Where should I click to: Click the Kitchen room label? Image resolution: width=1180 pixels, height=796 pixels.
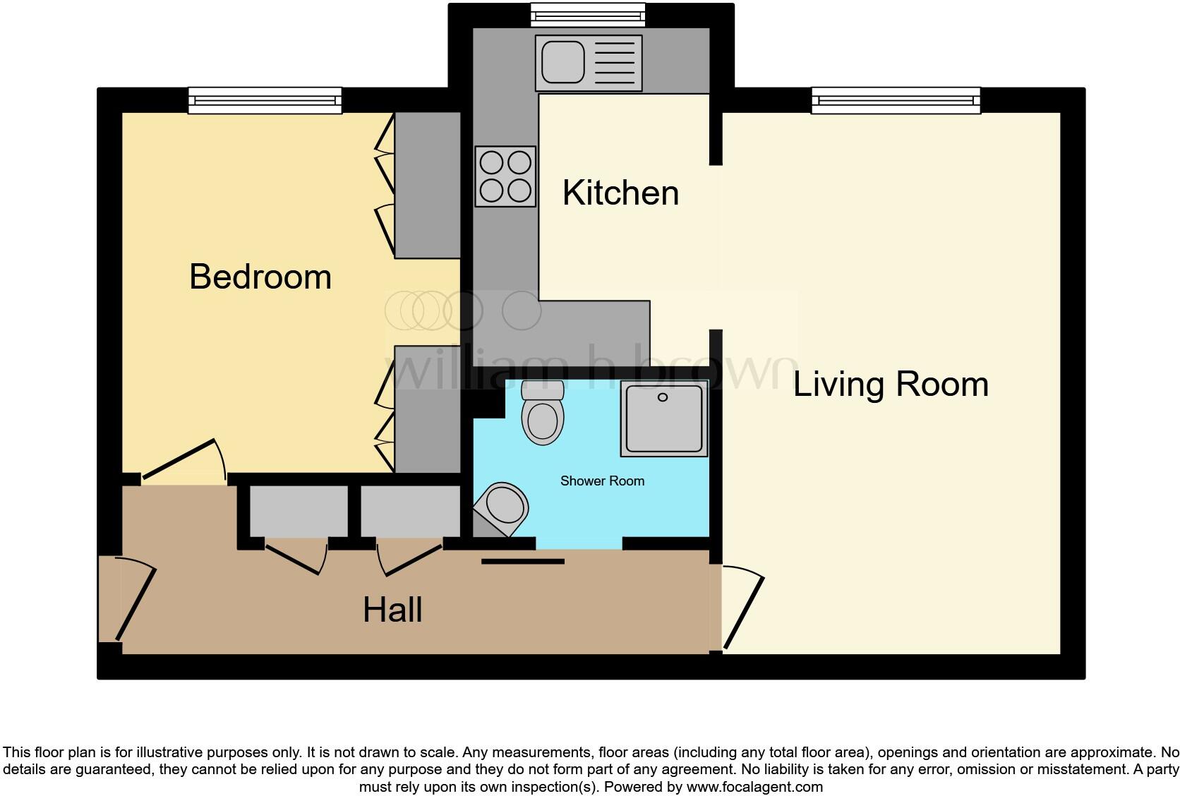click(x=620, y=193)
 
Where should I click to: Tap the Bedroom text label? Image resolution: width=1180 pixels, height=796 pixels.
click(x=260, y=277)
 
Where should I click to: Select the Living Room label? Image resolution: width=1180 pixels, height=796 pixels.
click(x=891, y=385)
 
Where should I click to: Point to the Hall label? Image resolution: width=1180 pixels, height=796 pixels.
click(x=392, y=610)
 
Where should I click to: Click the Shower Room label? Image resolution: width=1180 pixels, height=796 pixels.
click(x=602, y=481)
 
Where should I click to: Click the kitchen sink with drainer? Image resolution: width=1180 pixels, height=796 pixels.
click(x=589, y=63)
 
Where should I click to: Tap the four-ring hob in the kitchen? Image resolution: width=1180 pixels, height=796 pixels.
click(x=505, y=176)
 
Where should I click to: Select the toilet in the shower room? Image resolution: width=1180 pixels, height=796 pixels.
click(x=543, y=416)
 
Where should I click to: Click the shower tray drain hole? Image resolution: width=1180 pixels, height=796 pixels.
click(x=663, y=398)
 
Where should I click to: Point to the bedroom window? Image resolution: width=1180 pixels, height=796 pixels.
click(x=265, y=101)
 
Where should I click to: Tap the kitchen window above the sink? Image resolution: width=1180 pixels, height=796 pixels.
click(x=588, y=15)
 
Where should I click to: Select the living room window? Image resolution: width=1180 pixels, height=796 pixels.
click(x=896, y=101)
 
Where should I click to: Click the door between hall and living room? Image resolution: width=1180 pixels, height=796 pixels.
click(x=742, y=611)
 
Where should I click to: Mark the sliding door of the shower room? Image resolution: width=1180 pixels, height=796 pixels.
click(x=523, y=562)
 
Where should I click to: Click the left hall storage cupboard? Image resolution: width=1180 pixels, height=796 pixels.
click(x=299, y=511)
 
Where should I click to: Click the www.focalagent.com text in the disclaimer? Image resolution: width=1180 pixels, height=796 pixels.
click(x=754, y=787)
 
